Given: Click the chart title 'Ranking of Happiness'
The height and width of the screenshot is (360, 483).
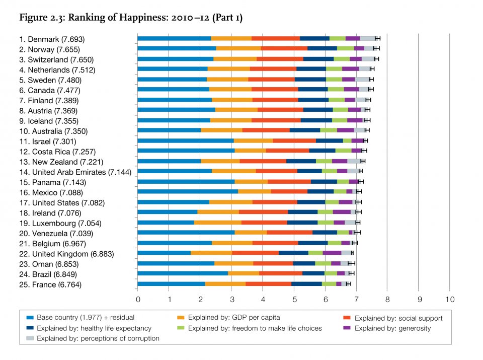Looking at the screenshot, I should click(x=131, y=18).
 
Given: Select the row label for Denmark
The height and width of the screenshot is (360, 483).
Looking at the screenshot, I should click(x=52, y=39).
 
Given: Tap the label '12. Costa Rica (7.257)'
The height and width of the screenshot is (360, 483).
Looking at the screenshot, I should click(x=60, y=151).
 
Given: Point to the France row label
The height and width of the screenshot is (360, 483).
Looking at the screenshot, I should click(x=50, y=284).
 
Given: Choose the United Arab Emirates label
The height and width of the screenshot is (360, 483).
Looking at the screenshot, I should click(x=75, y=172).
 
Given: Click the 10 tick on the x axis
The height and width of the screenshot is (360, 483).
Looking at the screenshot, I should click(x=449, y=299).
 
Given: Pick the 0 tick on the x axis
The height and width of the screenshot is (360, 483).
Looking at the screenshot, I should click(x=138, y=299).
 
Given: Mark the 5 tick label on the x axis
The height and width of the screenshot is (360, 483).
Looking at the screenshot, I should click(x=294, y=299).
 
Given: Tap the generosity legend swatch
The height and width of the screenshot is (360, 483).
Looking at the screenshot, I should click(x=347, y=328).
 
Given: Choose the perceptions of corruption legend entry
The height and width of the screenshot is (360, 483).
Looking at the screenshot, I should click(x=93, y=338).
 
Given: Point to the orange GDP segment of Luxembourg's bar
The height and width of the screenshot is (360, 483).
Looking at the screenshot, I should click(x=217, y=223).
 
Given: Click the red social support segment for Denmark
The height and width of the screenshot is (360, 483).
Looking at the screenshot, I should click(x=275, y=39).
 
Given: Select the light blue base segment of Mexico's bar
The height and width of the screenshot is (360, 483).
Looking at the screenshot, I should click(x=188, y=192).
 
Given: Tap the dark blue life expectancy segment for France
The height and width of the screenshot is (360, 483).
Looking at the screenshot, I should click(x=306, y=284).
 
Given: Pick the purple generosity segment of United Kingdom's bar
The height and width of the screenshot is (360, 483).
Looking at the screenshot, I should click(x=332, y=253).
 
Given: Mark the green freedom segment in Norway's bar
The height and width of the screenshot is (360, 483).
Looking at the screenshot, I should click(x=345, y=49).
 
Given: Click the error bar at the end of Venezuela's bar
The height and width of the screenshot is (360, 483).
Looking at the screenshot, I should click(x=357, y=233).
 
